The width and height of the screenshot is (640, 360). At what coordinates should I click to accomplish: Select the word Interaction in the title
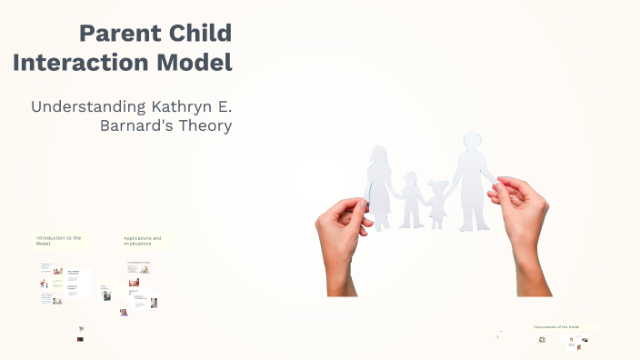pos(75,64)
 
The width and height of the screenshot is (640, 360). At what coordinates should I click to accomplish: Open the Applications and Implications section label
pos(144,241)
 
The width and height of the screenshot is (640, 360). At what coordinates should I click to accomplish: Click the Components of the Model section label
pos(554,326)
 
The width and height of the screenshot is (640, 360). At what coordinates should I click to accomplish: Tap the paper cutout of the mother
pos(378,186)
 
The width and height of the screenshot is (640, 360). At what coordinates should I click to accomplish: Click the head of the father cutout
pos(473,144)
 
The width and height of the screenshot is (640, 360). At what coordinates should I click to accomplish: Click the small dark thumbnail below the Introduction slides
pos(80,340)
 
